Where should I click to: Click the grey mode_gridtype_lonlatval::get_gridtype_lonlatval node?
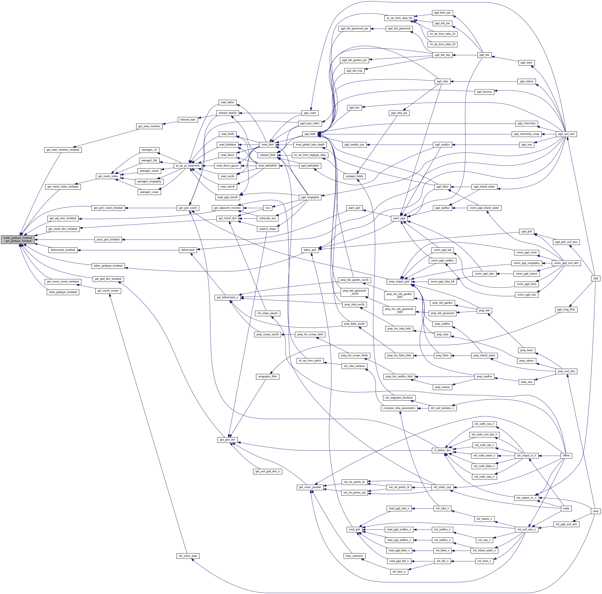coord(17,239)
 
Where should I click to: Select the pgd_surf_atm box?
coord(566,134)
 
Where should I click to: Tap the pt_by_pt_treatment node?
coord(188,166)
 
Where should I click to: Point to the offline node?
coord(566,455)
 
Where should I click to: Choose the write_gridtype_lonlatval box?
coord(63,292)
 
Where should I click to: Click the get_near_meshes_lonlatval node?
coord(63,150)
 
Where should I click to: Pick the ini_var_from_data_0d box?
coord(399,18)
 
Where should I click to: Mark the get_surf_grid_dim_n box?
coord(268,471)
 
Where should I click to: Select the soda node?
coord(566,508)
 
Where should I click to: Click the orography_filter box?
coord(267,377)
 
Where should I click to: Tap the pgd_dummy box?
coord(484,92)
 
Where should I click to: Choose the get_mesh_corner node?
coord(108,291)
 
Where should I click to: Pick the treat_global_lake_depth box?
coord(310,144)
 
